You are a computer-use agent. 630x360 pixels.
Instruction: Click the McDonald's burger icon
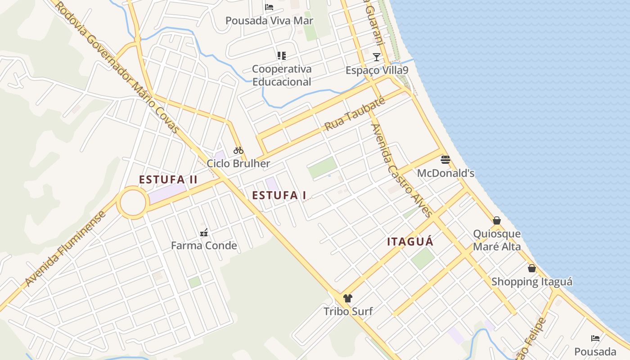(x=445, y=160)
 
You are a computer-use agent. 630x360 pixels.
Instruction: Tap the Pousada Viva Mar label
(x=269, y=21)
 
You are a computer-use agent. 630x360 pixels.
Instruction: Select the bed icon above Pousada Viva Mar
(x=269, y=7)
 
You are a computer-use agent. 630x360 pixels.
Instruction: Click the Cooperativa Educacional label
(x=282, y=75)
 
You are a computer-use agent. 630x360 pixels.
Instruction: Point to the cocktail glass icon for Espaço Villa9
(x=377, y=57)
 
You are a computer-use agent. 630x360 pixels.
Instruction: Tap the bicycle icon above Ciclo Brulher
(x=238, y=150)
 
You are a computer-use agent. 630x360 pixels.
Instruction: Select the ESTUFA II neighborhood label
(x=168, y=180)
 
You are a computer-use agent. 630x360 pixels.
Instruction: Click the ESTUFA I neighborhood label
(x=279, y=195)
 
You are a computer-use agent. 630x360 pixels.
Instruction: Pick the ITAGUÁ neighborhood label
(x=410, y=242)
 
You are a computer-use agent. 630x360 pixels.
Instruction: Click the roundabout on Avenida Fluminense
(x=133, y=203)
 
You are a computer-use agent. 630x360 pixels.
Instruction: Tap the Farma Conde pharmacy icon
(x=204, y=233)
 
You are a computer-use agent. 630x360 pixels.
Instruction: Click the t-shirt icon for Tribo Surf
(x=348, y=298)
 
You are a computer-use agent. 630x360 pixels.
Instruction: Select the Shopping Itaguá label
(x=531, y=282)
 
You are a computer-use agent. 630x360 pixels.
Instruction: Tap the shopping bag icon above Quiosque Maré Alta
(x=497, y=220)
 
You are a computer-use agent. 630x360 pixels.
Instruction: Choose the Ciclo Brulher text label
(x=238, y=163)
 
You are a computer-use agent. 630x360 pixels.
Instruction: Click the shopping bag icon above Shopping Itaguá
(x=531, y=268)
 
